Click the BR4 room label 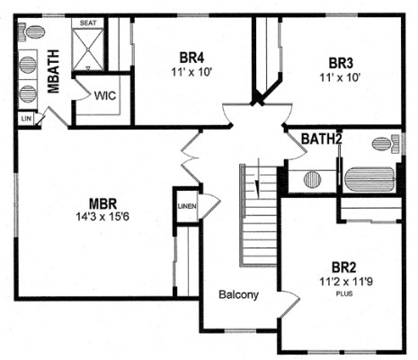coord(191,58)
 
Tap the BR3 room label coord(341,63)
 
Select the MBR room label coord(102,204)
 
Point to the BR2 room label coord(344,267)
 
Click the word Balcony coord(238,294)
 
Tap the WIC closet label coord(105,96)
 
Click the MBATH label coord(54,71)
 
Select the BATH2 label coord(321,139)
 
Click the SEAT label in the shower coord(88,23)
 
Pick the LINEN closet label coord(187,206)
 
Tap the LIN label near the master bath coord(26,119)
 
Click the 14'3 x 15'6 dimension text coord(102,216)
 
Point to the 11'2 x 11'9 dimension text coord(346,282)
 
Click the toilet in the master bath coord(31,31)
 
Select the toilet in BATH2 coord(386,144)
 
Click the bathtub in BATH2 coord(370,179)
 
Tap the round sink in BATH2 coord(313,179)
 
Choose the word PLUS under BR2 coord(344,293)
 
